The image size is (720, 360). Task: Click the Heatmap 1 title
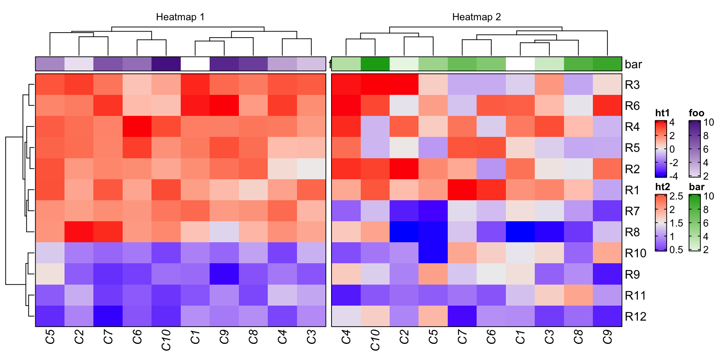(x=180, y=17)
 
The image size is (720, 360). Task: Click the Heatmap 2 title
(x=476, y=17)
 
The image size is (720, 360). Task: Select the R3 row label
(x=632, y=85)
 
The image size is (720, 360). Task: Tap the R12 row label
(x=636, y=317)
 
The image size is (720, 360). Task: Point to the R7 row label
(x=632, y=211)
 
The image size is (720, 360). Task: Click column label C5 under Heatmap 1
(x=50, y=337)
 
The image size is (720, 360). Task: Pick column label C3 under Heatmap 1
(x=311, y=337)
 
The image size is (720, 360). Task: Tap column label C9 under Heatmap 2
(x=607, y=337)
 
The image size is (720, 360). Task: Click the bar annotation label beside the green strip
(x=633, y=64)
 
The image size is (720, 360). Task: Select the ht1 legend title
(x=662, y=113)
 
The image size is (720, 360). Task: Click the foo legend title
(x=696, y=113)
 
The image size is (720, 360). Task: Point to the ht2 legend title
(x=662, y=187)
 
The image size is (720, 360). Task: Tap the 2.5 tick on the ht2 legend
(x=676, y=196)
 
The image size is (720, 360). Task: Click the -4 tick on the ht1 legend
(x=673, y=176)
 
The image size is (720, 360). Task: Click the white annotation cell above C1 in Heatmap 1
(x=195, y=64)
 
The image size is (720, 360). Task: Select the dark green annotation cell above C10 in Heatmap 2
(x=375, y=64)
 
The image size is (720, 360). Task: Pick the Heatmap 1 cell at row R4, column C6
(x=137, y=127)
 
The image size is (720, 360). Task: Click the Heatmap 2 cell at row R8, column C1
(x=520, y=232)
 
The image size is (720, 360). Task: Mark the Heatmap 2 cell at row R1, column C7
(x=462, y=190)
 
